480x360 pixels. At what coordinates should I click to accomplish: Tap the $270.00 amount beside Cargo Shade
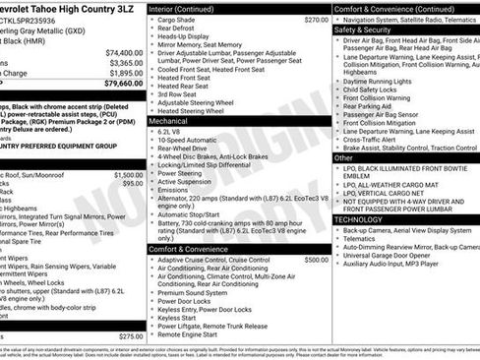click(316, 20)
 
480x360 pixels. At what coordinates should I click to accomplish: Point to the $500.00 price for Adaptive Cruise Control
click(316, 260)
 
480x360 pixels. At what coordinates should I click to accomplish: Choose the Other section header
click(344, 157)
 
